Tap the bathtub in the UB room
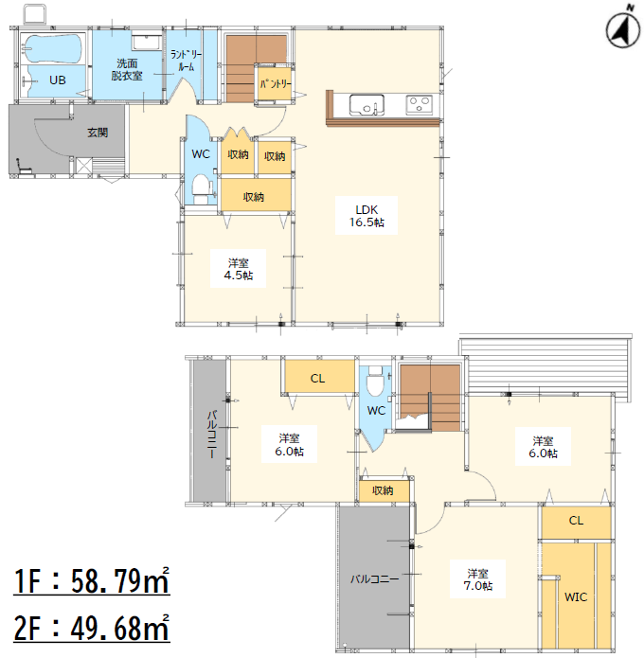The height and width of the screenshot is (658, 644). point(53,50)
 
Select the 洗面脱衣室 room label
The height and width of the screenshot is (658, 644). point(127,70)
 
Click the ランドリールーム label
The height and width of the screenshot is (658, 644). point(186,61)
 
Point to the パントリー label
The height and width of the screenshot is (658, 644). point(276,84)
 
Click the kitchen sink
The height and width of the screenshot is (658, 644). point(367,105)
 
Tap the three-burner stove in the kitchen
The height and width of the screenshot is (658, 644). point(419,104)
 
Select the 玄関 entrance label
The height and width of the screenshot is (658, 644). point(98,133)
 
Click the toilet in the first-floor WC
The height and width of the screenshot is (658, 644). point(201,189)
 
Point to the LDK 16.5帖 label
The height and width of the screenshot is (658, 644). point(367,216)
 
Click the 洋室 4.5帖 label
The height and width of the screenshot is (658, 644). point(238,269)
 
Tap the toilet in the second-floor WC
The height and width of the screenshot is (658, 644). point(374,381)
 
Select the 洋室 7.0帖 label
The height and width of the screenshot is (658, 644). point(477,579)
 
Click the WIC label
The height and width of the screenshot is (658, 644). point(576,597)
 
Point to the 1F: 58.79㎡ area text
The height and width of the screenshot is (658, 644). point(92,580)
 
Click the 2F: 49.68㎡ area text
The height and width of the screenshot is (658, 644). point(92,628)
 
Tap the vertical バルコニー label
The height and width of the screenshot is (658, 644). point(213,435)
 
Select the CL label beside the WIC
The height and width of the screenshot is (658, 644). point(576,521)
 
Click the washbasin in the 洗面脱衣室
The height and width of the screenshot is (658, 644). point(146,43)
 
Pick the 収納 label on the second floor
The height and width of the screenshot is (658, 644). point(383,490)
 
